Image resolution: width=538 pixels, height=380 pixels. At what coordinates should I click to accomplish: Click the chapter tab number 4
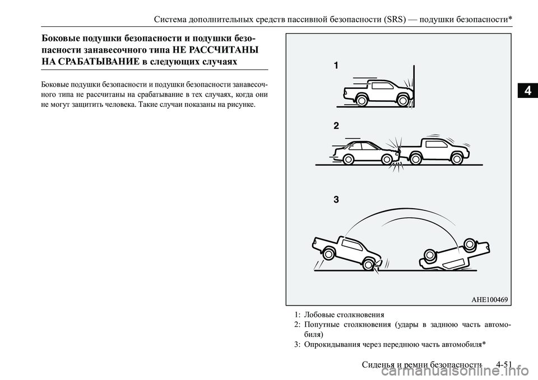pos(527,90)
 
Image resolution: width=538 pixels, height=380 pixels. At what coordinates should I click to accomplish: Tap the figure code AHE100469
pos(489,300)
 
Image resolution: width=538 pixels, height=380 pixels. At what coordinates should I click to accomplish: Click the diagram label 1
pos(336,66)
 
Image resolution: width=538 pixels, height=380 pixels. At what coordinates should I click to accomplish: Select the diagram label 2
pos(336,126)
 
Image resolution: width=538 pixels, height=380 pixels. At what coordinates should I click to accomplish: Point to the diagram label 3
pos(336,199)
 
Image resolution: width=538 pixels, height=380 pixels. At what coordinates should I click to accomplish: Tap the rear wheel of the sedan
pos(349,160)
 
